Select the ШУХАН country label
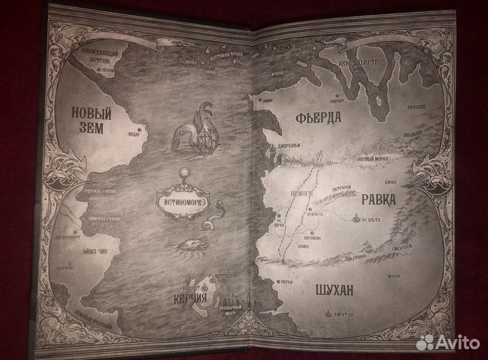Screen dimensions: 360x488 pyautogui.click(x=334, y=291)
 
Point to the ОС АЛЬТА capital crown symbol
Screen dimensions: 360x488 pyautogui.click(x=357, y=218)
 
